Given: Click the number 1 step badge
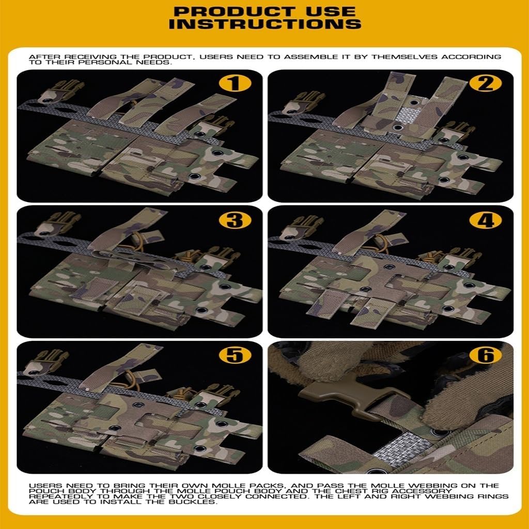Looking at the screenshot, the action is coord(235,83).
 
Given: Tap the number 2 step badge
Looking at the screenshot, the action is coord(486,83).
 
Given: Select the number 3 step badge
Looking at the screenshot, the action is coord(235,220).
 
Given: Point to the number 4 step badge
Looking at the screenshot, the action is coord(486,220).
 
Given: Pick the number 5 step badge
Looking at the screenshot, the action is coord(235,355).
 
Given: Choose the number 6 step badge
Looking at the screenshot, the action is coord(486,355).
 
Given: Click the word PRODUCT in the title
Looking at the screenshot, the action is coord(234,12).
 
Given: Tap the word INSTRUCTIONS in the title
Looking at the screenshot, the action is coord(265,24).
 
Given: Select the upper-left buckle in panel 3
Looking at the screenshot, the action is coord(57,223).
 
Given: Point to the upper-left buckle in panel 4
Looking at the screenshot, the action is coord(301,227).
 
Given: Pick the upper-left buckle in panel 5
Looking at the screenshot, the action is coord(45,363).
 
